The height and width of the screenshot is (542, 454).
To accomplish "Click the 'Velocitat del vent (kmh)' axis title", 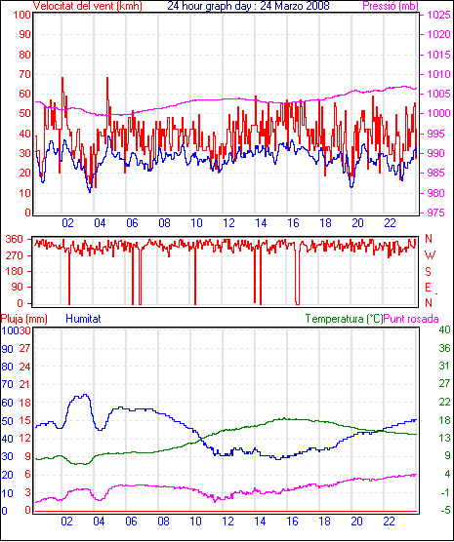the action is pos(88,6).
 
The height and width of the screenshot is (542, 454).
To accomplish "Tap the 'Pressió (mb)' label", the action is pos(391,6).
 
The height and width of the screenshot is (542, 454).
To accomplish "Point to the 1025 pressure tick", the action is pos(438,15).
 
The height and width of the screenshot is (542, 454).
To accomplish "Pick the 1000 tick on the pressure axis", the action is pos(438,113).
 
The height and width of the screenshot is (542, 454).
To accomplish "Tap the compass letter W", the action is pos(430,255).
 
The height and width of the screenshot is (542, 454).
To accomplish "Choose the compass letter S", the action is pos(429,272).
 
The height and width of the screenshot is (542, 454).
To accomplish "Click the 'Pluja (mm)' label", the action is pos(23,319).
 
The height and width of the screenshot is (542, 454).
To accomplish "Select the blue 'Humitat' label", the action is pos(83,319).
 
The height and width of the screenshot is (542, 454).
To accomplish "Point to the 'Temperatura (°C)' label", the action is pos(345,319).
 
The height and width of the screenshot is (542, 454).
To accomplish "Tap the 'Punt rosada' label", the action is pos(411,319).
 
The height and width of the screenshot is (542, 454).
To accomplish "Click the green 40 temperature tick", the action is pos(444,329).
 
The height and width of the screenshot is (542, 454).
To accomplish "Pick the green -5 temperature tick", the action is pos(444,510).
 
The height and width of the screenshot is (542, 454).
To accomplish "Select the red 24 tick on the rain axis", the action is pos(24,367).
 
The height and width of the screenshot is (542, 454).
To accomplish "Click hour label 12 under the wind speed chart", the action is pos(228,223).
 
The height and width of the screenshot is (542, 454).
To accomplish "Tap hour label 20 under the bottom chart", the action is pos(356,522).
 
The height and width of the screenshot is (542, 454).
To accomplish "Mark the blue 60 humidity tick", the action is pos(7,403).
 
